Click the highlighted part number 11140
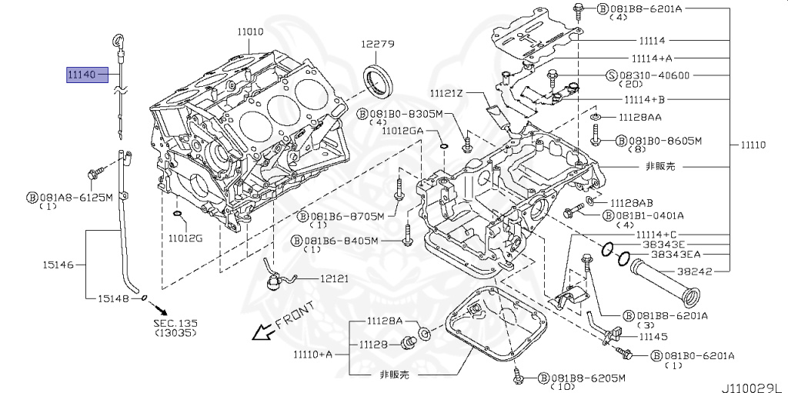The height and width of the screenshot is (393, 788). (x=81, y=75)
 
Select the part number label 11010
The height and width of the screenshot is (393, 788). (x=250, y=32)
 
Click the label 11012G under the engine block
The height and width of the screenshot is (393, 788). (x=185, y=238)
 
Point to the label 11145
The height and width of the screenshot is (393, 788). (x=653, y=337)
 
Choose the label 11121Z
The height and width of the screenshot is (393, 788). (x=446, y=92)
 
